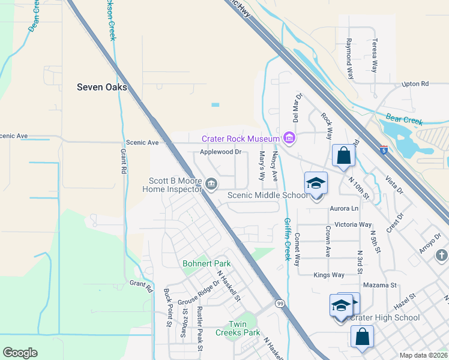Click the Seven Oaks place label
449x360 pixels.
tap(102, 87)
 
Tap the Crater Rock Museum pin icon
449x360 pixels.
tap(290, 139)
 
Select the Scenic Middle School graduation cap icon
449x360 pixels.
tap(316, 182)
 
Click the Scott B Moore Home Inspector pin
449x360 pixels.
tap(211, 184)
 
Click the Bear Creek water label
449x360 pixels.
tap(405, 121)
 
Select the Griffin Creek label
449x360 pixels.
tap(287, 238)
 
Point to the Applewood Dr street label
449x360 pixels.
tap(220, 152)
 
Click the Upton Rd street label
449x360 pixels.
tap(415, 84)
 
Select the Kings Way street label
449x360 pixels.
tap(329, 275)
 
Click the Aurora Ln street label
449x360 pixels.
tap(344, 208)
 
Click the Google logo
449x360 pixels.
tap(20, 352)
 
